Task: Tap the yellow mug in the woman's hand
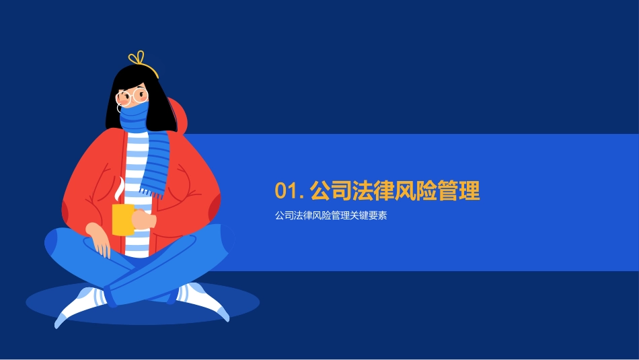point(123,219)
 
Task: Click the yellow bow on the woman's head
point(138,59)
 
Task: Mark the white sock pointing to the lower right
point(204,302)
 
